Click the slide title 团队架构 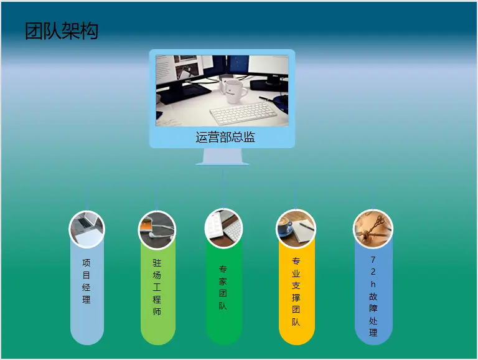click(62, 31)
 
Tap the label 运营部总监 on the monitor click(225, 137)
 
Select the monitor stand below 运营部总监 click(222, 157)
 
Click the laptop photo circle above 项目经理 click(87, 229)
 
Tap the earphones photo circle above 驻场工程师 click(157, 229)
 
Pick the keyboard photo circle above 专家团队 click(223, 228)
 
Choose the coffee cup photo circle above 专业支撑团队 click(296, 229)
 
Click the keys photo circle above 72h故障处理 click(373, 229)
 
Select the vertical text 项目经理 click(87, 281)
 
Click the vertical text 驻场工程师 click(157, 287)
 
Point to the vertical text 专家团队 click(223, 287)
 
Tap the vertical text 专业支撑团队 click(296, 291)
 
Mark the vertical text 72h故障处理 click(373, 296)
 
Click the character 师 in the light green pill click(157, 311)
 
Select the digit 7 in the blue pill click(373, 260)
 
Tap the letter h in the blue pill click(373, 284)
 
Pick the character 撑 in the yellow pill click(296, 298)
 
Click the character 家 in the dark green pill click(223, 282)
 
